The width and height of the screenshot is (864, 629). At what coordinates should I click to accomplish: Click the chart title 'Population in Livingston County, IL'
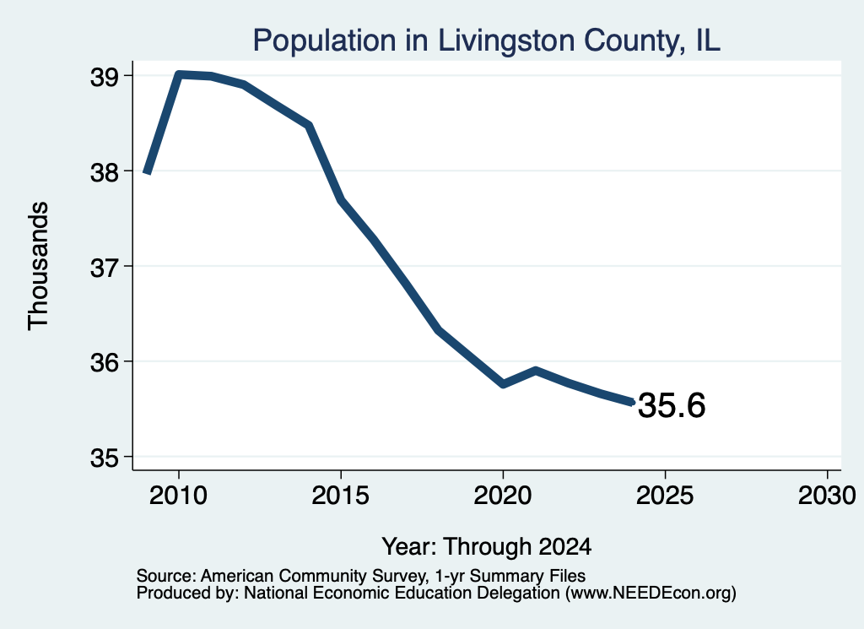(x=487, y=41)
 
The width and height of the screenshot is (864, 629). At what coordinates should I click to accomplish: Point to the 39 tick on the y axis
(x=105, y=77)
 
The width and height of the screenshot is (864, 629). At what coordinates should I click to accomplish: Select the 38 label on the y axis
(x=105, y=172)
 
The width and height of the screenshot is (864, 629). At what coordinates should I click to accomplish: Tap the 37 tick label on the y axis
(x=105, y=268)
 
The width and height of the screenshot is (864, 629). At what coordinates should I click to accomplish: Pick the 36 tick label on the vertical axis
(x=105, y=363)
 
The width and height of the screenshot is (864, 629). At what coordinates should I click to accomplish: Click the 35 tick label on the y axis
(x=105, y=458)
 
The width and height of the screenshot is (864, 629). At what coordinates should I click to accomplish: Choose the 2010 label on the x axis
(x=178, y=495)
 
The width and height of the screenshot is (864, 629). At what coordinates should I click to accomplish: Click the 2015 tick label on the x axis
(x=341, y=495)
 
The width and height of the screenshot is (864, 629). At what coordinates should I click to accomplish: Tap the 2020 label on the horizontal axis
(x=503, y=495)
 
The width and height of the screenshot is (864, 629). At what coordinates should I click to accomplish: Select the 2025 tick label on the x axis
(x=665, y=495)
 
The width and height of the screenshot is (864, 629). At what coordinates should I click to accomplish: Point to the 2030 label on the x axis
(x=827, y=495)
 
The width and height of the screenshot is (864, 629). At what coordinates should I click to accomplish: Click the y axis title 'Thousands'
(x=38, y=266)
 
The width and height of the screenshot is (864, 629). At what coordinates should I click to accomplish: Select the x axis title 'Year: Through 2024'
(x=487, y=546)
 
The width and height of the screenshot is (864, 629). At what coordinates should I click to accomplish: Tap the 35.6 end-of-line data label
(x=671, y=405)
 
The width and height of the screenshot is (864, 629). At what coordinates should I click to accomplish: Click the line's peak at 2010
(x=179, y=74)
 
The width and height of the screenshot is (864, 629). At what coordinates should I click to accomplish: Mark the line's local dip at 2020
(x=503, y=383)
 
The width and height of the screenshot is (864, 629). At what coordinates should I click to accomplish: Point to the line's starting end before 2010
(x=147, y=172)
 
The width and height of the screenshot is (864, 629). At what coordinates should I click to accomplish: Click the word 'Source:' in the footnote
(x=166, y=576)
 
